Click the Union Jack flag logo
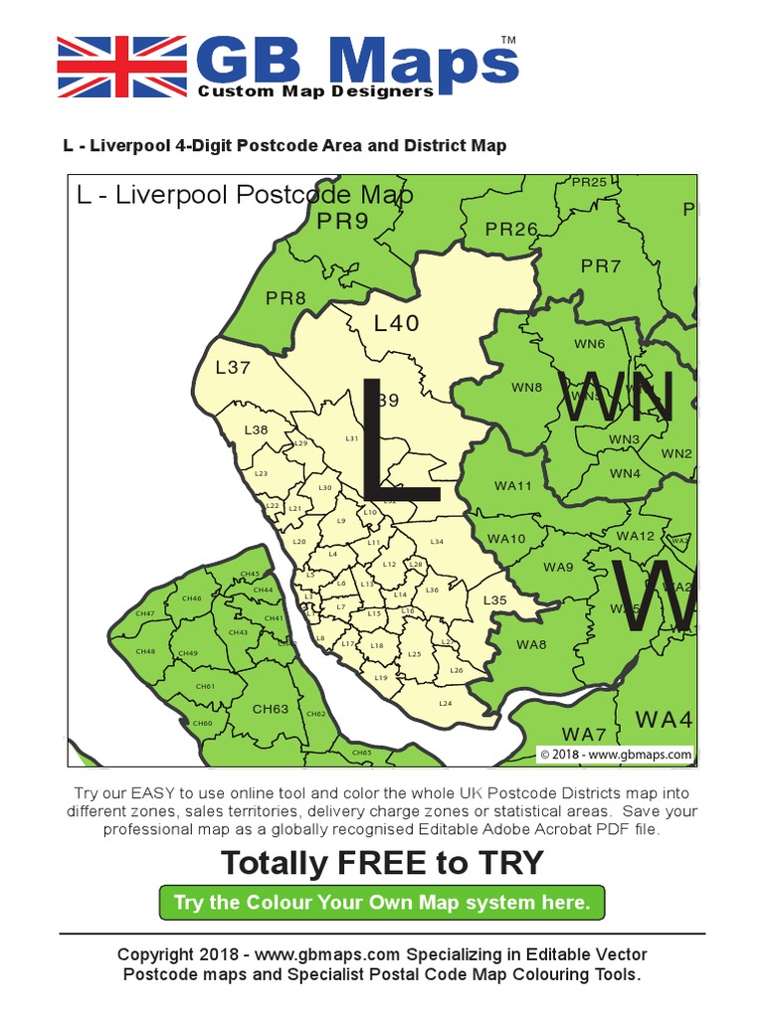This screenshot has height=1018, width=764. pos(121,67)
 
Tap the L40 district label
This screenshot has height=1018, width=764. pos(397,323)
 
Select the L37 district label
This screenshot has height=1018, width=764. pos(233,367)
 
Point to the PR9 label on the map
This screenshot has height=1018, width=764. pos(343,222)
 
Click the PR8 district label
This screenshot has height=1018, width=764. pos(286,297)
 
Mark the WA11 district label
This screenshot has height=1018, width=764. pos(513,486)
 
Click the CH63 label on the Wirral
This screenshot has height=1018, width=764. pos(271,709)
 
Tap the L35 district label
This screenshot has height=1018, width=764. pos(494,600)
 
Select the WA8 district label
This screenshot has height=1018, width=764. pos(531,644)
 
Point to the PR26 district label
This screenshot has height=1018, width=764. pos(511,230)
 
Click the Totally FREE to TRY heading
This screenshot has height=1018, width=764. pos(382,863)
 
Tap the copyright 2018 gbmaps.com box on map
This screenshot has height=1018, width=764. pos(615,755)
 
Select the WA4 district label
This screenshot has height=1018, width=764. pos(664,719)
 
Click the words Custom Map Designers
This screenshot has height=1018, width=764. pos(315,91)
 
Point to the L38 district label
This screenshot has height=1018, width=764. pos(256,429)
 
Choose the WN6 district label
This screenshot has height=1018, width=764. pos(589,344)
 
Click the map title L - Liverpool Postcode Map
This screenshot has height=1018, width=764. pos(245,194)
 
